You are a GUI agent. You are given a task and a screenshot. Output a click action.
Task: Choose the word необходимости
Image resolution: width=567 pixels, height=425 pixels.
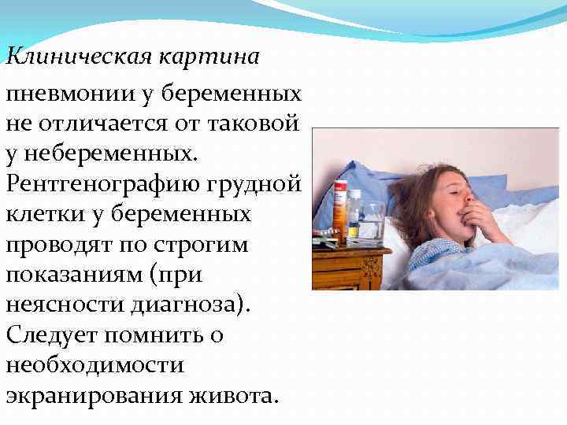point(94,364)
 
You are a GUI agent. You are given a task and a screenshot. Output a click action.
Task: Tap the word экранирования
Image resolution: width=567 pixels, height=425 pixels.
point(95,394)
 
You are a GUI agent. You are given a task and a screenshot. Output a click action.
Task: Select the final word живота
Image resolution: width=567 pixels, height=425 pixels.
point(235,394)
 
